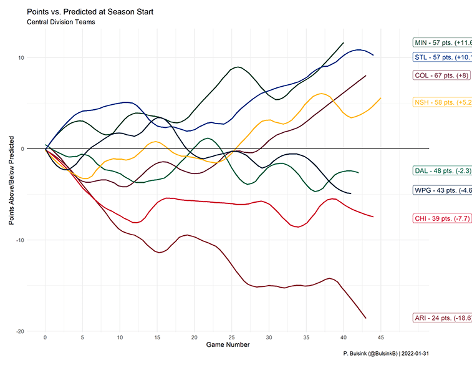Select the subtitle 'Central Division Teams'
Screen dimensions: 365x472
pos(61,23)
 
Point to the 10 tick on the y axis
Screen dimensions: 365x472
pos(21,58)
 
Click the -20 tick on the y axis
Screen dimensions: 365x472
pos(19,331)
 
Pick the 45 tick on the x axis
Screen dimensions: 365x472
pos(380,338)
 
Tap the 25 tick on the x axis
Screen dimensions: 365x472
pos(231,338)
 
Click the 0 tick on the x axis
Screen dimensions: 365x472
pos(46,338)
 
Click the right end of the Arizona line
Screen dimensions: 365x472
pos(365,318)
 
